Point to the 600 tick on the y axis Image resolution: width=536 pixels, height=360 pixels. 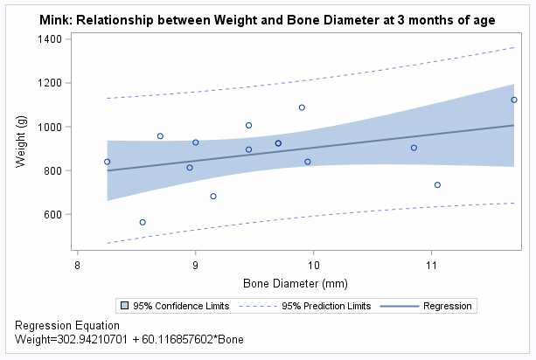(x=51, y=215)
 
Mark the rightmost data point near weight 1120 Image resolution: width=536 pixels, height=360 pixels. (x=514, y=100)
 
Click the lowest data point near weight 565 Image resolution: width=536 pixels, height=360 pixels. (x=143, y=223)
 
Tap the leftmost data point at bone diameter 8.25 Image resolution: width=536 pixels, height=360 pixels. (x=107, y=162)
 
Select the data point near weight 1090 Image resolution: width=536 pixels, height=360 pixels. (x=302, y=107)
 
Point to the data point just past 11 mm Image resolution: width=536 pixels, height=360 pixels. (x=437, y=185)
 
